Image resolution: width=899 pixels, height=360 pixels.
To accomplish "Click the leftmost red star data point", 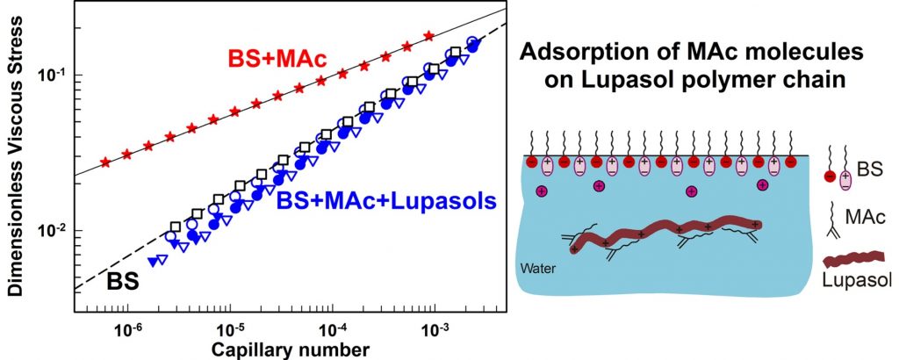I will (106, 162).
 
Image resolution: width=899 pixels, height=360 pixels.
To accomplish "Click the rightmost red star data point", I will (428, 36).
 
